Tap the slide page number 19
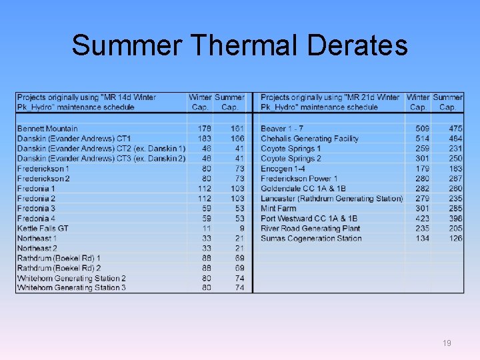pyautogui.click(x=447, y=343)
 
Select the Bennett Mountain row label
pyautogui.click(x=47, y=129)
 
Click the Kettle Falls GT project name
pyautogui.click(x=43, y=228)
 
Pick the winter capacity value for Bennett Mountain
pyautogui.click(x=204, y=129)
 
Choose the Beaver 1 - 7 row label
pyautogui.click(x=282, y=129)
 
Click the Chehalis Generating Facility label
pyautogui.click(x=309, y=139)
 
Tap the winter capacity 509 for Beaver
pyautogui.click(x=422, y=129)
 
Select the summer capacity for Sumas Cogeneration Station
pyautogui.click(x=455, y=238)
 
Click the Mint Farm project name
pyautogui.click(x=278, y=208)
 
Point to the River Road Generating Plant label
pyautogui.click(x=310, y=228)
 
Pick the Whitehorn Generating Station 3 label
pyautogui.click(x=71, y=288)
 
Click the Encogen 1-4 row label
pyautogui.click(x=283, y=169)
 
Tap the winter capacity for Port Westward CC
pyautogui.click(x=422, y=218)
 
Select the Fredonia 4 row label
pyautogui.click(x=36, y=218)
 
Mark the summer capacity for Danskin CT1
pyautogui.click(x=237, y=139)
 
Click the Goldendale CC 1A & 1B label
pyautogui.click(x=303, y=189)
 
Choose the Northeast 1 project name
pyautogui.click(x=37, y=238)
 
